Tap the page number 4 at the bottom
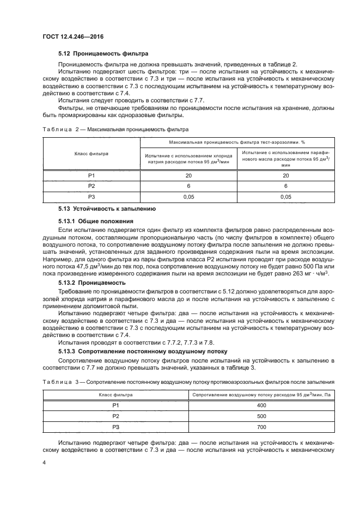(x=44, y=463)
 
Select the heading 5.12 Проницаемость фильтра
(x=103, y=53)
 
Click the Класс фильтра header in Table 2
(x=91, y=154)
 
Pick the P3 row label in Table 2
(x=91, y=197)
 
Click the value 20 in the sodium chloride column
(x=188, y=175)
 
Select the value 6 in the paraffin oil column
(x=286, y=186)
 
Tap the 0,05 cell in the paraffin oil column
(x=286, y=197)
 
